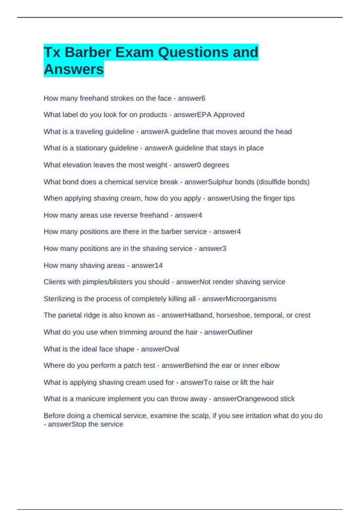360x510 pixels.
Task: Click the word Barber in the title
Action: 88,52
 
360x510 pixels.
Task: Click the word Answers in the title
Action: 74,69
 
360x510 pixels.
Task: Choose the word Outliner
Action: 241,332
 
